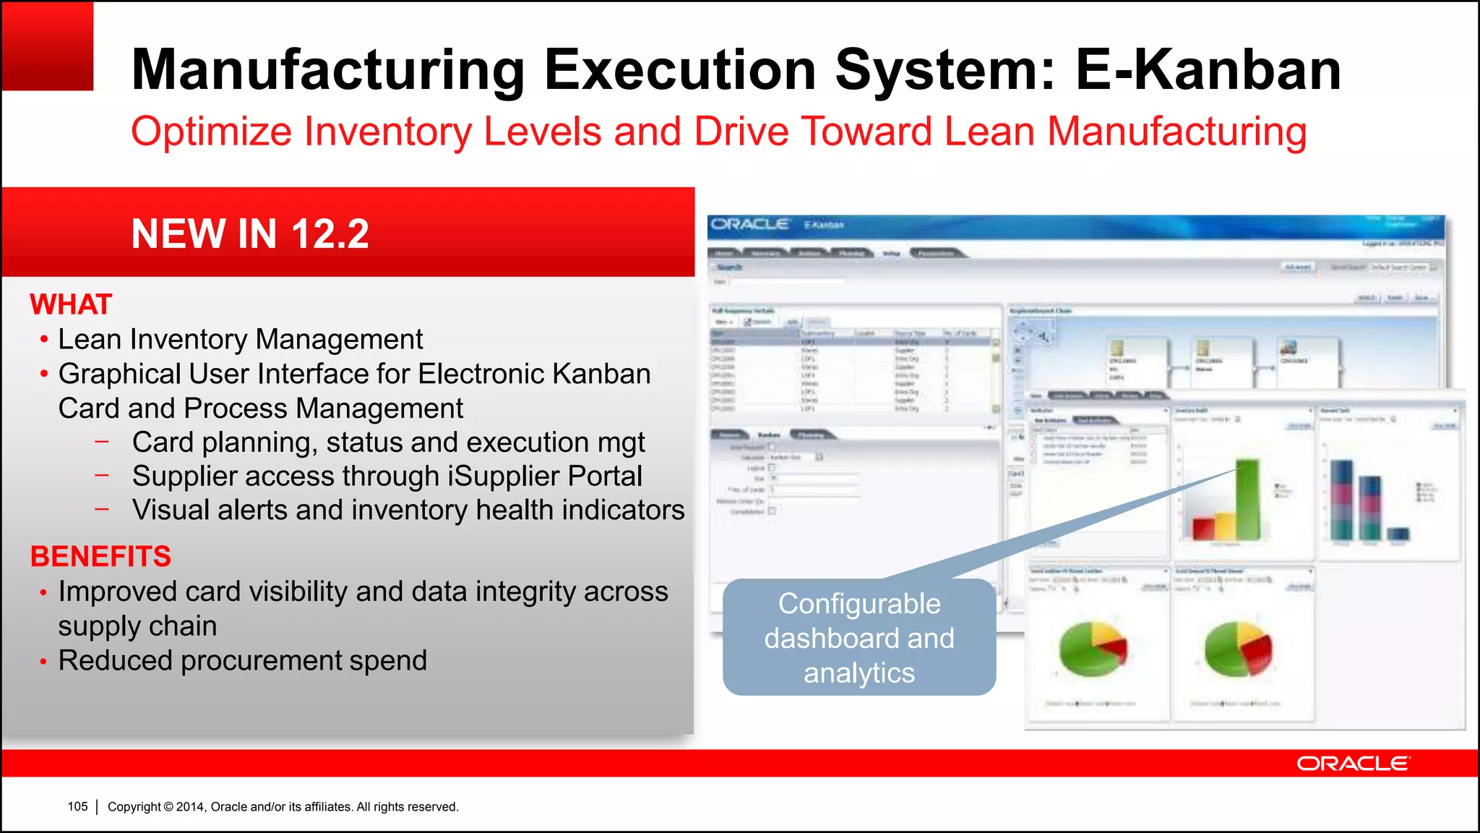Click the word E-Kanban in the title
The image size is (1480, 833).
point(1208,69)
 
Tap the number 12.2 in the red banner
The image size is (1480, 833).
point(330,234)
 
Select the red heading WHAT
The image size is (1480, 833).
point(71,304)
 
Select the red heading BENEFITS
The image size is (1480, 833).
point(100,556)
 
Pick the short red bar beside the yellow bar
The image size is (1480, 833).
point(1203,528)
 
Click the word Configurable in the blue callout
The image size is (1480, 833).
point(859,604)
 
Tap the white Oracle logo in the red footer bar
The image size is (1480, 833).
point(1352,764)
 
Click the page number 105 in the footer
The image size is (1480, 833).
point(77,806)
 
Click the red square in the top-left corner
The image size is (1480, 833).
point(48,46)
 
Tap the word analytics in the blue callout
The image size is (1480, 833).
point(859,673)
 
